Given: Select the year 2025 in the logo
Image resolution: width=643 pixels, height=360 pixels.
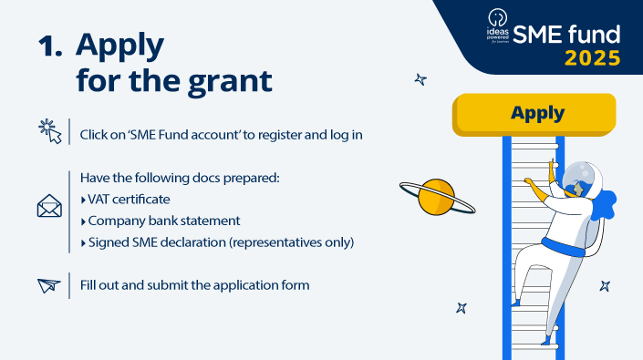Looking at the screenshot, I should [592, 58].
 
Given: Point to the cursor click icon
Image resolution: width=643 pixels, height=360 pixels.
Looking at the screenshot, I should [49, 132].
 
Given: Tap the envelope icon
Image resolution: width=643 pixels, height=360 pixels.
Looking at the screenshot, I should [49, 208].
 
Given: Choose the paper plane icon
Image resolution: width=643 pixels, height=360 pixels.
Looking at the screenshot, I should [49, 285].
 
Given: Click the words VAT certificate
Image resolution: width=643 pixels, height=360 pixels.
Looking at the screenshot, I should [129, 199].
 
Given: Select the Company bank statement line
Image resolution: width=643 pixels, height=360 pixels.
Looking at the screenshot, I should [163, 221].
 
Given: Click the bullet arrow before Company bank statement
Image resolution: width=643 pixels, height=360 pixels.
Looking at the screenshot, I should [83, 221].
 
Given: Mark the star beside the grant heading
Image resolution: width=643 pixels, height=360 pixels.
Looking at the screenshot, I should [420, 79].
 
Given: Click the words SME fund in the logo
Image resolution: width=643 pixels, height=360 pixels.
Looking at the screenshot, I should [566, 35].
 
